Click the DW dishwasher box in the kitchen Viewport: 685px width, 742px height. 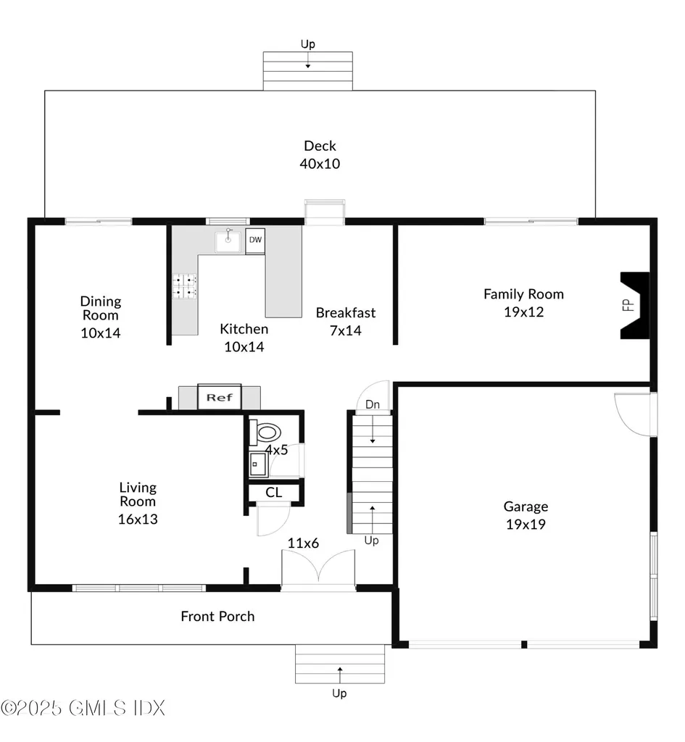coord(255,241)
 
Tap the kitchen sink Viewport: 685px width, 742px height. coord(228,241)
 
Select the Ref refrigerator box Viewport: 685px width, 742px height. coord(219,397)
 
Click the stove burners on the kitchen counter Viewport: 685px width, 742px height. coord(184,287)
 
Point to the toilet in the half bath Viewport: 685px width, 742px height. coord(265,432)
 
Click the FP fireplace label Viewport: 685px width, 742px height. coord(628,305)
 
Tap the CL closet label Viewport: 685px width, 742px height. coord(273,493)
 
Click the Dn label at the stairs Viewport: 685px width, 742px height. coord(373,404)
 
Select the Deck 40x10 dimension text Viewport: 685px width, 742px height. coord(320,164)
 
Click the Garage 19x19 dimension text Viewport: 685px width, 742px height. coord(526,525)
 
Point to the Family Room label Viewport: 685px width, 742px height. coord(523,294)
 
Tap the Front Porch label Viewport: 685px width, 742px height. coord(217,616)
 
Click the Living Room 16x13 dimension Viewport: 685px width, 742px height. coord(138,519)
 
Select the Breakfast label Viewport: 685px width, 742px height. coord(346,313)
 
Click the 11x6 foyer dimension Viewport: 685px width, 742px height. coord(304,543)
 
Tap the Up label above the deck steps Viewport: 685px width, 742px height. coord(307,44)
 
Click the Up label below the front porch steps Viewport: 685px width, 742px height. coord(339,693)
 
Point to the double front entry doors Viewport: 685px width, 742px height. coord(318,570)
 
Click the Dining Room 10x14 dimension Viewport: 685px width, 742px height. coord(100,333)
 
